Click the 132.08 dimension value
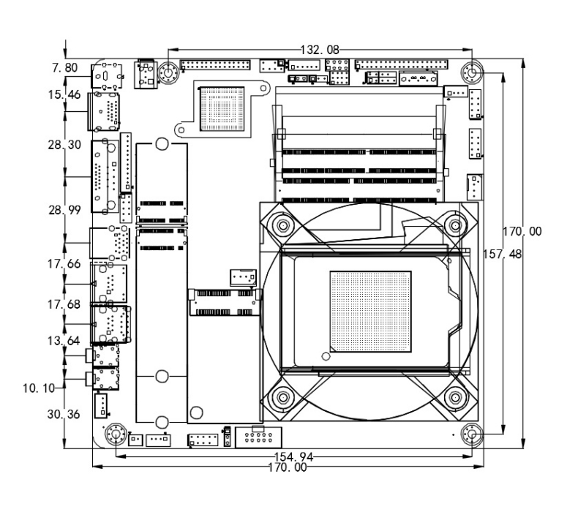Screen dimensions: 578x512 click(x=319, y=50)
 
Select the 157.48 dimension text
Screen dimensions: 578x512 click(x=502, y=254)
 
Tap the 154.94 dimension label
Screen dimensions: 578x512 click(x=294, y=457)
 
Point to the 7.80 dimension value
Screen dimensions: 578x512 click(x=65, y=68)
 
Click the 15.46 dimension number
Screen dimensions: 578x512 click(x=64, y=95)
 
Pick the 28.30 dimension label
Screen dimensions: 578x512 click(x=64, y=145)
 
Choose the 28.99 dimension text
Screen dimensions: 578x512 click(x=64, y=210)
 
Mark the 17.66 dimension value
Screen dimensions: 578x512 click(x=64, y=264)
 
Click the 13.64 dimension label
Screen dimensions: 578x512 click(x=64, y=341)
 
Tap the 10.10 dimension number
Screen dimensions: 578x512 click(x=39, y=388)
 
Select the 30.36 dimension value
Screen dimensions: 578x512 click(x=64, y=414)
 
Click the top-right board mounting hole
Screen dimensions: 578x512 click(x=472, y=72)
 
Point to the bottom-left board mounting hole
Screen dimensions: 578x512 click(x=116, y=434)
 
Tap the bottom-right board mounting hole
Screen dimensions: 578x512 click(x=472, y=435)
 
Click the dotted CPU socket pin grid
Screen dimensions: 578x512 click(x=370, y=312)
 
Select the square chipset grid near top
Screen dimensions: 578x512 click(x=222, y=109)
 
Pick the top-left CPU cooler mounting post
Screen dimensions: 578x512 click(x=282, y=225)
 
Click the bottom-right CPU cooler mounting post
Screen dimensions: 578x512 click(x=455, y=397)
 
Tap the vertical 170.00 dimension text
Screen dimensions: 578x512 click(x=522, y=231)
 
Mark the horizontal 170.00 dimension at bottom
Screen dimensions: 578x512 click(x=288, y=467)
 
